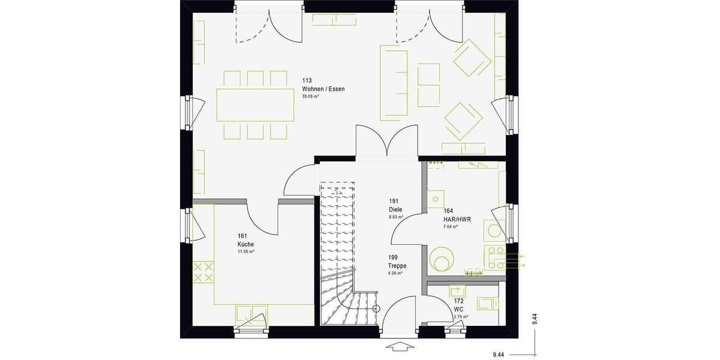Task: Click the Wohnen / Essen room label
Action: [x=323, y=89]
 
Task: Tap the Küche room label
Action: [x=245, y=244]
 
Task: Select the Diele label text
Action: [x=395, y=209]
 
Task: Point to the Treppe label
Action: [x=397, y=266]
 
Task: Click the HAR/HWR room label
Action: [x=457, y=220]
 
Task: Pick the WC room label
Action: [x=459, y=309]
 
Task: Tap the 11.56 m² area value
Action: [x=246, y=252]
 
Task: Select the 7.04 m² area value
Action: [x=451, y=227]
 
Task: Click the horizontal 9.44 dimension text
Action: [x=499, y=355]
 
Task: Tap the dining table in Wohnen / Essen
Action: [x=256, y=106]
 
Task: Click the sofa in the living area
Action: [x=394, y=81]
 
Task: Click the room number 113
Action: [x=307, y=80]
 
